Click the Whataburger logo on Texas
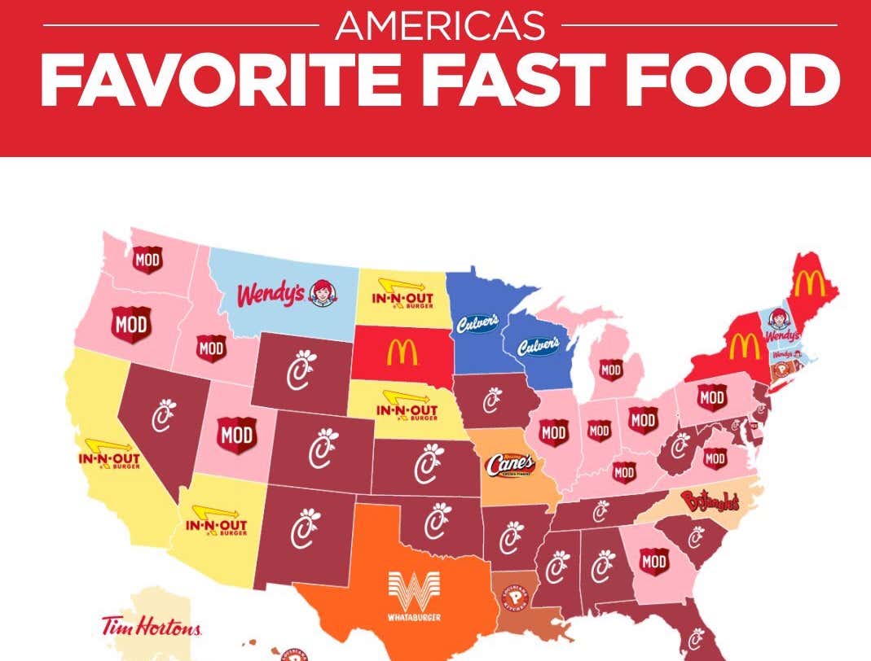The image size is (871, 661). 413,596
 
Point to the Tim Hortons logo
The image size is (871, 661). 151,626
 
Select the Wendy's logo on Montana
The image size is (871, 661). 283,294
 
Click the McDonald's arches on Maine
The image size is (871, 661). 809,283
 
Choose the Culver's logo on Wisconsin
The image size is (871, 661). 539,345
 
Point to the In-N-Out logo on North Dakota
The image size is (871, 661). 402,291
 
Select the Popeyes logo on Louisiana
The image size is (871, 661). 517,600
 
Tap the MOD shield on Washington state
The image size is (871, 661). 147,260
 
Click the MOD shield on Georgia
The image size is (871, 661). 653,560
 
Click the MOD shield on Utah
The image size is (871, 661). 236,436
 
